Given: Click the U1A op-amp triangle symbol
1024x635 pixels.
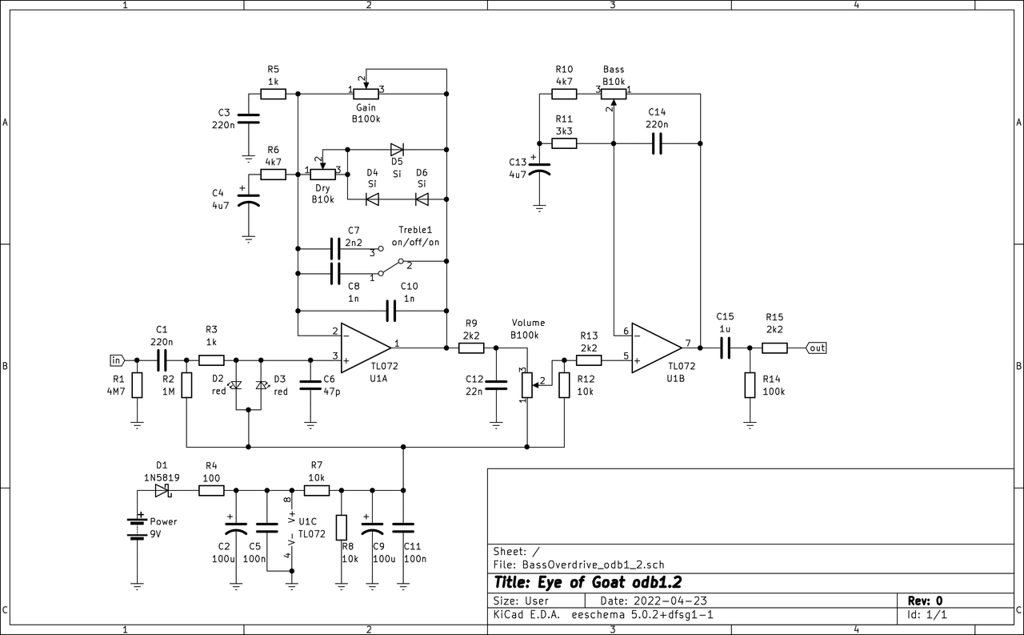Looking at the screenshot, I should click(x=364, y=348).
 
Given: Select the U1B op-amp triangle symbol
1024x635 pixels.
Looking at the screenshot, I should click(x=655, y=348).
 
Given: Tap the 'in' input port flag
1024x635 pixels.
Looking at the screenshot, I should click(x=118, y=360).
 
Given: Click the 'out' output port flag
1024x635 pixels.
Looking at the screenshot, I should click(x=817, y=348).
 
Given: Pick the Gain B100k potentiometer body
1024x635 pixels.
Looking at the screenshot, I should click(x=366, y=94).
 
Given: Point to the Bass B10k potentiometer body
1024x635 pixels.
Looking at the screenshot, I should click(x=614, y=94).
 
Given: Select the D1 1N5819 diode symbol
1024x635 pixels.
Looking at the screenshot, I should click(x=162, y=490).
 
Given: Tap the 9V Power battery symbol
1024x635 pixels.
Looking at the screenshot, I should click(x=137, y=527).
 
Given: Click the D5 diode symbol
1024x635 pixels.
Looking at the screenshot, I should click(x=397, y=149).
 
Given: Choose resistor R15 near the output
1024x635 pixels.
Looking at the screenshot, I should click(x=774, y=348).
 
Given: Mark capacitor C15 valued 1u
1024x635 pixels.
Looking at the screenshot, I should click(x=725, y=348).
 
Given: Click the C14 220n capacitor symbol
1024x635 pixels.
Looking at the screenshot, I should click(x=657, y=143).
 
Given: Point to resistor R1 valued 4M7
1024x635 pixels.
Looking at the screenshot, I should click(x=137, y=385).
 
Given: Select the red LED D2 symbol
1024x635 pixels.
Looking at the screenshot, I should click(x=235, y=385).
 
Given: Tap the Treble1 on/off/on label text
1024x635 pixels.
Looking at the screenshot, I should click(x=415, y=236).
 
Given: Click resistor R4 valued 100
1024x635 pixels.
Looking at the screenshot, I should click(x=211, y=490).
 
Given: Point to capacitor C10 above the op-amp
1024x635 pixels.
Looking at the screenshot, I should click(x=391, y=310).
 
